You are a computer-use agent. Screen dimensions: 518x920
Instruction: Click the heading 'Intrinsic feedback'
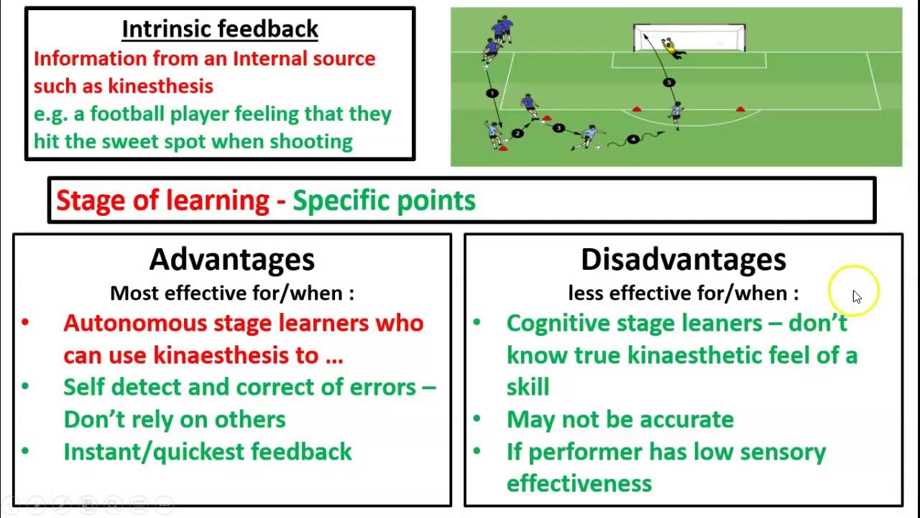point(220,29)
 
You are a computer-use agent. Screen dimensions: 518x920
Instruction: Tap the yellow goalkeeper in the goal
point(670,47)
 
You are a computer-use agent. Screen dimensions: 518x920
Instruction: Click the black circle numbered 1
point(492,93)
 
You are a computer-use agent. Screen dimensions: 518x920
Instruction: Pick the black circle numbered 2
point(518,133)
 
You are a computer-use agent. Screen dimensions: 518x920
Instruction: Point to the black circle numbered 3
point(558,128)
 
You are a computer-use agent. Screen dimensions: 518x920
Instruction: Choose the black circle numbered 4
point(632,139)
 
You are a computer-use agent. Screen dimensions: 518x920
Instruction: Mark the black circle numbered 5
point(669,83)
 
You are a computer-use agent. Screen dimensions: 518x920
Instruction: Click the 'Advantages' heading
point(231,259)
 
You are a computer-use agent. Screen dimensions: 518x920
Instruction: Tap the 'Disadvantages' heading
point(683,259)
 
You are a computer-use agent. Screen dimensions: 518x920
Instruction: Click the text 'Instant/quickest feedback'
point(207,452)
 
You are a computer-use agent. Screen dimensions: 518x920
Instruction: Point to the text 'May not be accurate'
point(620,419)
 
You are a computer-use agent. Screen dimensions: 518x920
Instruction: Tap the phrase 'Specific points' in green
point(384,200)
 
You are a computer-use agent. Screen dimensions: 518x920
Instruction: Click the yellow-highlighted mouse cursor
point(855,295)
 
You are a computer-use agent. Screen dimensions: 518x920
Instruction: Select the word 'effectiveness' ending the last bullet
point(579,483)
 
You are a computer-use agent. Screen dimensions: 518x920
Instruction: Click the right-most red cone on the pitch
point(740,109)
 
